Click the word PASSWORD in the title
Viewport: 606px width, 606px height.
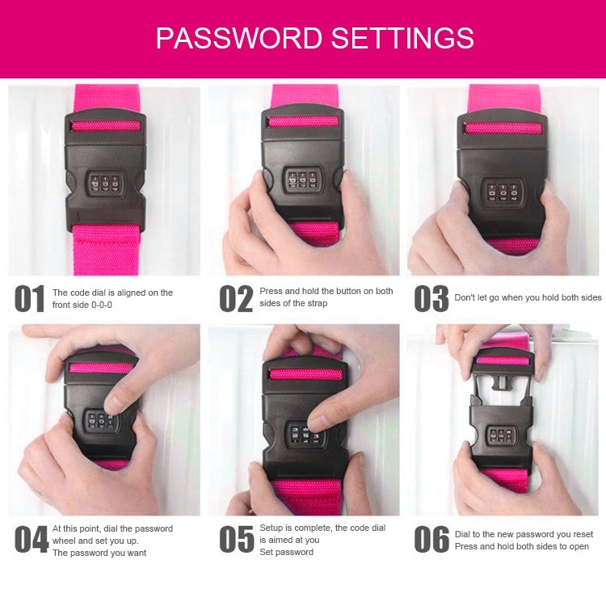(239, 38)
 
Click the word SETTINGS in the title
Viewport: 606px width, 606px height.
(402, 38)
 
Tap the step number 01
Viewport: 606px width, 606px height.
(29, 298)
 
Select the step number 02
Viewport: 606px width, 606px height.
(236, 298)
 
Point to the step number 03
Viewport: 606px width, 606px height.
(431, 298)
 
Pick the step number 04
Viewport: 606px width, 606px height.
(32, 539)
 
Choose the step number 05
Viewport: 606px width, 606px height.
(237, 539)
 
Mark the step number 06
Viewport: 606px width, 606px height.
(431, 539)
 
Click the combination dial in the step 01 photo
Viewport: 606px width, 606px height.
(105, 183)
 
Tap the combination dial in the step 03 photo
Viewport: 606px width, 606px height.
(503, 191)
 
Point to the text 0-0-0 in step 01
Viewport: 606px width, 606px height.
(102, 305)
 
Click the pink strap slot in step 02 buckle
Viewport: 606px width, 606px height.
(303, 122)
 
